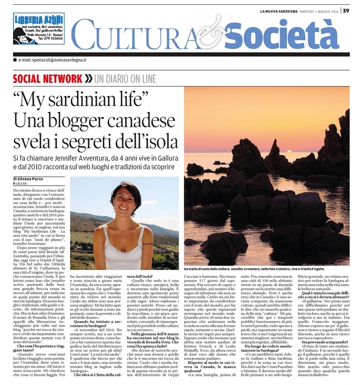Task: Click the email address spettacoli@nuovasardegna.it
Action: pos(52,60)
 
